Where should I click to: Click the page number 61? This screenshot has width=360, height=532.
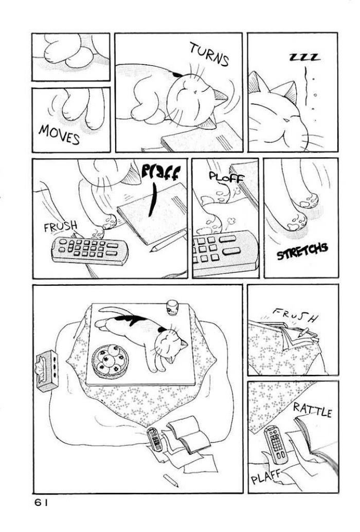[42, 503]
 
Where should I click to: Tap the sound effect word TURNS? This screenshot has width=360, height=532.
[209, 54]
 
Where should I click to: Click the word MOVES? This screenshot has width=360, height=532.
[59, 134]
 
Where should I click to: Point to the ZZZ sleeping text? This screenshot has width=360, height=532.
[304, 57]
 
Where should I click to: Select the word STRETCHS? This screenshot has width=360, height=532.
[302, 250]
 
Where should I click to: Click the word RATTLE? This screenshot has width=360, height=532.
[313, 409]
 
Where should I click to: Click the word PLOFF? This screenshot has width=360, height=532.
[226, 177]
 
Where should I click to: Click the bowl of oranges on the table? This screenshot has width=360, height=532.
[111, 361]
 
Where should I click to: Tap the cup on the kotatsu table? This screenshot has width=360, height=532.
[172, 308]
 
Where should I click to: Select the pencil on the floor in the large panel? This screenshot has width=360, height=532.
[171, 481]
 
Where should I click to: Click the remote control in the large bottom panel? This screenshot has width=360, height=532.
[154, 439]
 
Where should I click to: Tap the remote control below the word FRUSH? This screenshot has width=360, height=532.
[90, 250]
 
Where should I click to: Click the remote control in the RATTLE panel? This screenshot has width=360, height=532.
[276, 445]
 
